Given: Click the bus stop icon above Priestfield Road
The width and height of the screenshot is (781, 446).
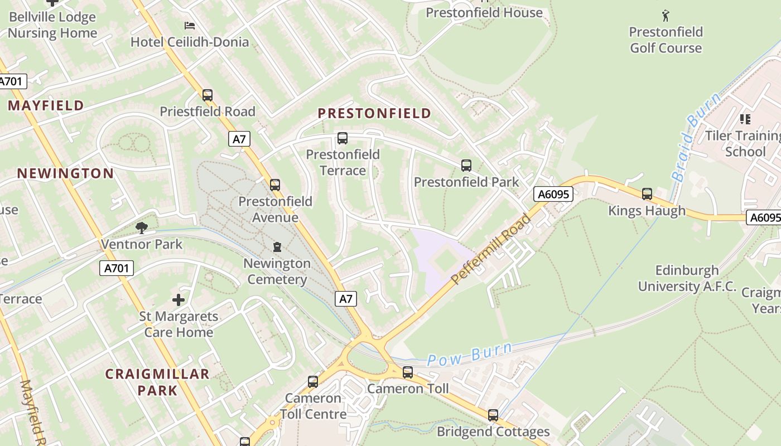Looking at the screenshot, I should pyautogui.click(x=208, y=95).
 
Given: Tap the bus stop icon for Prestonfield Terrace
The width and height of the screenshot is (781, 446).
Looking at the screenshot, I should pyautogui.click(x=343, y=138).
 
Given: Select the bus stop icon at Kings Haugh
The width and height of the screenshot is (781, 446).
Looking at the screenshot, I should pyautogui.click(x=647, y=194).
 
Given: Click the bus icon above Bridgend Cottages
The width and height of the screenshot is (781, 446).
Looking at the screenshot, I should pyautogui.click(x=493, y=415).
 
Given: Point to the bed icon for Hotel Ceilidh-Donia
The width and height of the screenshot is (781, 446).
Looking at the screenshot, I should pyautogui.click(x=190, y=26).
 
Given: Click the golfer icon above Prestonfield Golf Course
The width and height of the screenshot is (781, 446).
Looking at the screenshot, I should pyautogui.click(x=666, y=16).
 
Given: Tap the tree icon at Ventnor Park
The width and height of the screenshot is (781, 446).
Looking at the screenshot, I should pyautogui.click(x=142, y=227).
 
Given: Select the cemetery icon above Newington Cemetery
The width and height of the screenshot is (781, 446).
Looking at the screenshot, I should pyautogui.click(x=277, y=247).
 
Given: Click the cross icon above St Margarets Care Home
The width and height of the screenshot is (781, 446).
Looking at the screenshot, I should pyautogui.click(x=179, y=300).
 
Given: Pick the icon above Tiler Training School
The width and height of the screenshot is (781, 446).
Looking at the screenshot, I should pyautogui.click(x=745, y=119).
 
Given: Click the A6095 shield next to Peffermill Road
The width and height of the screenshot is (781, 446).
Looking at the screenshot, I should pyautogui.click(x=553, y=194).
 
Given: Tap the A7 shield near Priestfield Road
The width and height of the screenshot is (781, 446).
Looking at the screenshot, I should pyautogui.click(x=239, y=139).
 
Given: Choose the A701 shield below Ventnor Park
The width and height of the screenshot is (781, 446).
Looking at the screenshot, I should pyautogui.click(x=117, y=268).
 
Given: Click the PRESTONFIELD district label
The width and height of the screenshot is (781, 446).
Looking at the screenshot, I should pyautogui.click(x=374, y=113).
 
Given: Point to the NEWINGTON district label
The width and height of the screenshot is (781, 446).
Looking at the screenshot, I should pyautogui.click(x=65, y=173).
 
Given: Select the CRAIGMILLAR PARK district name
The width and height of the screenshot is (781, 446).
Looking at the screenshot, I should pyautogui.click(x=157, y=382).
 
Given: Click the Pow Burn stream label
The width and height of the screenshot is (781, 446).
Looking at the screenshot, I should pyautogui.click(x=470, y=354).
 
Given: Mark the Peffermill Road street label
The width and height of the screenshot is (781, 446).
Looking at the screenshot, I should pyautogui.click(x=490, y=249).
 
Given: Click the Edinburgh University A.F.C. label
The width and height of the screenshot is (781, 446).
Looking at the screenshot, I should pyautogui.click(x=687, y=279).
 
